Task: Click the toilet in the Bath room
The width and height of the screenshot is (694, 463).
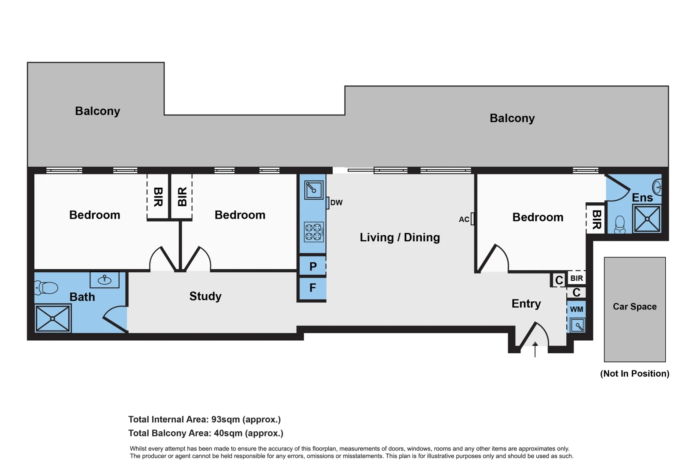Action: tap(46, 288)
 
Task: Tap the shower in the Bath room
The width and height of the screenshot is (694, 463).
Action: tap(53, 318)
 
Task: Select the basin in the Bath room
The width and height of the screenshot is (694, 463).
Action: tap(105, 280)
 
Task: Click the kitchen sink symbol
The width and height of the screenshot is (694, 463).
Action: tap(313, 189)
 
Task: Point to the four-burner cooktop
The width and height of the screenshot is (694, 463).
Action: tap(313, 232)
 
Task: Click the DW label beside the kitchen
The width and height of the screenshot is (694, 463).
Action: tap(336, 203)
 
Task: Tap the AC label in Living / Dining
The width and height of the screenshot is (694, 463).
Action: tap(464, 219)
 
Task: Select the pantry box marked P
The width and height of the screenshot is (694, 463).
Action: tap(313, 266)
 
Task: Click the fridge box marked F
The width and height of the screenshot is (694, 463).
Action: tap(313, 288)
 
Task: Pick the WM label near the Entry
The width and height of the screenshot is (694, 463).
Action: tap(576, 309)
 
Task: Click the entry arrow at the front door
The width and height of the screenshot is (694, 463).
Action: tap(535, 349)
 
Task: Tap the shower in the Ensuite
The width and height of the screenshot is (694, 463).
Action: tap(647, 219)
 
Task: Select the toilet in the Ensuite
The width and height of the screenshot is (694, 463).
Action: tap(620, 224)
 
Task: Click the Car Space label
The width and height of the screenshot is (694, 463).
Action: tap(634, 307)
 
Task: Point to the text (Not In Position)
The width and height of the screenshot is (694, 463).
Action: tap(634, 373)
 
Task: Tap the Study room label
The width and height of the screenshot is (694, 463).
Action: tap(205, 296)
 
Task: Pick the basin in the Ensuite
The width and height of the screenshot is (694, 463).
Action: tap(657, 187)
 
